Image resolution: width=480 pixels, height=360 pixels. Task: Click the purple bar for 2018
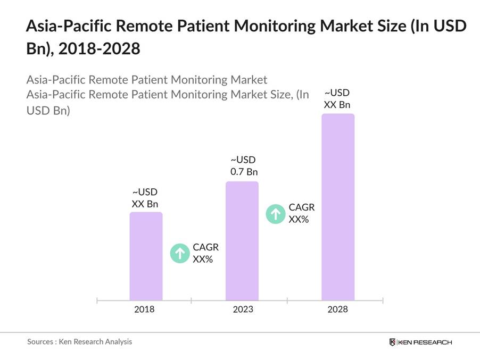[146, 256]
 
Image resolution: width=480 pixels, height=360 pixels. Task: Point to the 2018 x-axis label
[144, 309]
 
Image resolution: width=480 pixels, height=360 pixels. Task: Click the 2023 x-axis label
[243, 309]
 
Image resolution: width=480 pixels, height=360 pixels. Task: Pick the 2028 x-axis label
[337, 309]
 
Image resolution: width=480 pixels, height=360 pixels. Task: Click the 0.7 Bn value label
[244, 172]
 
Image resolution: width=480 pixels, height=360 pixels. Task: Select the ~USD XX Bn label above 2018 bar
[145, 198]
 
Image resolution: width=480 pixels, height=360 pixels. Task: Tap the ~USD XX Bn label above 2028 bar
[337, 98]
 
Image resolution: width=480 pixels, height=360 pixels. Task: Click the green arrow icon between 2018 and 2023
[180, 253]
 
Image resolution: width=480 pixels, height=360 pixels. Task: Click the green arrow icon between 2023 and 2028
[276, 214]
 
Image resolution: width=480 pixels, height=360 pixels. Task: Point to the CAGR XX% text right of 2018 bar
[205, 253]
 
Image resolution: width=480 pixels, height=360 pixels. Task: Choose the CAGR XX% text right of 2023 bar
[301, 213]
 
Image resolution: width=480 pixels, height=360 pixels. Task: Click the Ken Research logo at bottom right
[420, 342]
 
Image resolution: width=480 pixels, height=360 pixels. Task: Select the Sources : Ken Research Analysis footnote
[80, 342]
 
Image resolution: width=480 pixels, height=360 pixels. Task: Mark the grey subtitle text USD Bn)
[48, 111]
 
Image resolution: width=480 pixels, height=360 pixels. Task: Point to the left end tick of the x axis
[97, 300]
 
